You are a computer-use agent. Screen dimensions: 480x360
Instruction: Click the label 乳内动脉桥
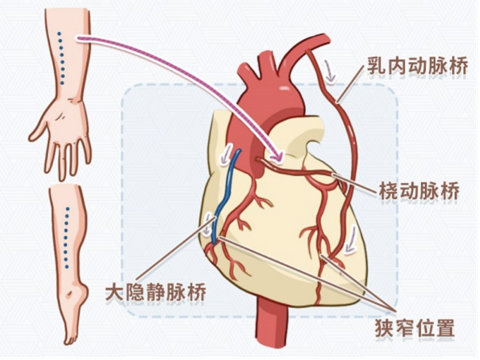[x=417, y=66]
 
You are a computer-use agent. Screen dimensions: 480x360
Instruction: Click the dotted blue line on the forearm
[x=61, y=58]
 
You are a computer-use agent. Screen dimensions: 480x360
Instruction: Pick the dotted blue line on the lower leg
[x=66, y=238]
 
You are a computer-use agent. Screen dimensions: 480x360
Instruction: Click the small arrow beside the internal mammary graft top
[x=330, y=71]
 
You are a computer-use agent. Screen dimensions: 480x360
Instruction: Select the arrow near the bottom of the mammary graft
[x=350, y=240]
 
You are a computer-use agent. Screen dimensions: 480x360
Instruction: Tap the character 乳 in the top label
[x=376, y=66]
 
